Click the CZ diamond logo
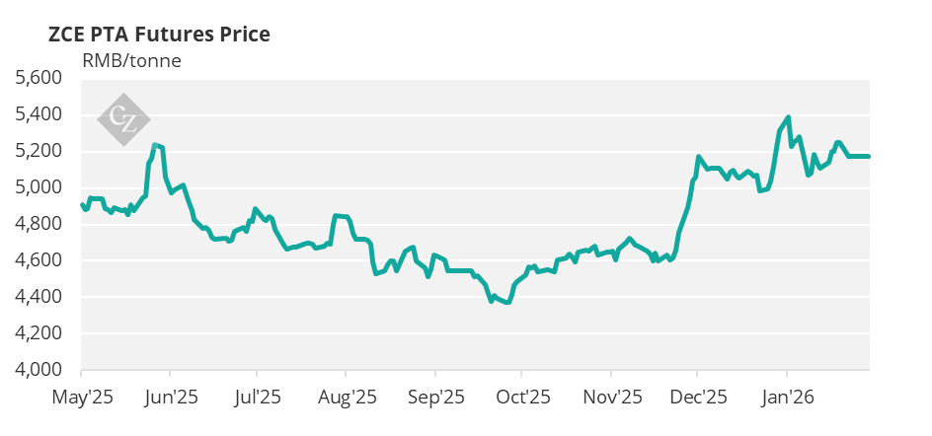point(123,119)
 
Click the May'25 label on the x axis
point(81,398)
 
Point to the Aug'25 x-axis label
point(347,398)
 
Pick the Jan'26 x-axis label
point(787,398)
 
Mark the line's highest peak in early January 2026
point(787,116)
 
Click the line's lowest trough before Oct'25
point(507,303)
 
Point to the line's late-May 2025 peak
point(155,145)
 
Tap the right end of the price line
point(869,156)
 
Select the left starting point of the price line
point(81,204)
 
